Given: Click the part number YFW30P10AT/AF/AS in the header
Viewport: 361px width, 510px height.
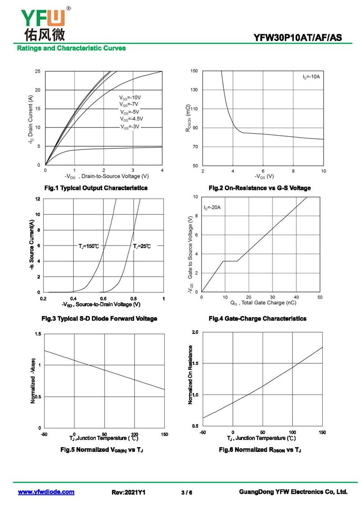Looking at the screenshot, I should pos(298,38).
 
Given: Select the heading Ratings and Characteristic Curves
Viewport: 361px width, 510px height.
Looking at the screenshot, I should pos(71,48).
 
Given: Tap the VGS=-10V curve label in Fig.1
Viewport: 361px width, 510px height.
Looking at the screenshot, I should pos(130,97).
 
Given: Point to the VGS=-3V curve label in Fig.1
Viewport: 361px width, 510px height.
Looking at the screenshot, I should pos(130,127).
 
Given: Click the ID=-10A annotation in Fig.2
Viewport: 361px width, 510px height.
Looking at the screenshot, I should pos(311,77).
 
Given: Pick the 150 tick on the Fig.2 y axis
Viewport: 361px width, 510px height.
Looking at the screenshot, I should pos(194,71).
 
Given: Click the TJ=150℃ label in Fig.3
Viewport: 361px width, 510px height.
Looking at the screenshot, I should pos(89,246).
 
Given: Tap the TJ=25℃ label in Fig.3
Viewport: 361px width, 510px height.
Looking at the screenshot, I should pos(142,246).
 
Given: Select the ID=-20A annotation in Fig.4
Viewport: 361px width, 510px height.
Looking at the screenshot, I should pos(212,208).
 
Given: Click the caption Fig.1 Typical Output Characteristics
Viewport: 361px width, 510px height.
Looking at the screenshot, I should pos(96,188).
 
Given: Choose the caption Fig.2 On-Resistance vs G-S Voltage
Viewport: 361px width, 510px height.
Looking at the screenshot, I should pos(259,188).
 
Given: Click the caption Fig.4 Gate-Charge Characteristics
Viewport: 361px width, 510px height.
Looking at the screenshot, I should pos(257,319).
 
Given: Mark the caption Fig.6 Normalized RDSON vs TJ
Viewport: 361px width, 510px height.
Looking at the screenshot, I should pos(260,450).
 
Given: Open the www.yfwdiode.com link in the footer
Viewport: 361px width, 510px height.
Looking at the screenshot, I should pos(46,492).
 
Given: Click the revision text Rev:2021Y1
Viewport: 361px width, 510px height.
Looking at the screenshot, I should pos(129,492).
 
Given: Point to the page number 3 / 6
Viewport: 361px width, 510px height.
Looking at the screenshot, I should pos(186,492).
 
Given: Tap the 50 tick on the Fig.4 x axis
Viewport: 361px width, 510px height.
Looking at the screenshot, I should pos(319,297).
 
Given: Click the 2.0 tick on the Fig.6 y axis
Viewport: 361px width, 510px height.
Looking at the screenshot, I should pos(195,332).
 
